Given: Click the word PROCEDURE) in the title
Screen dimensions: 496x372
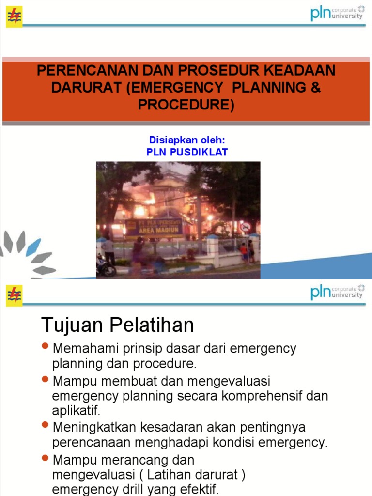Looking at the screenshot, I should coord(186,105).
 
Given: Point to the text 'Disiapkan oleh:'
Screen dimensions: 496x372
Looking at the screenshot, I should coord(187,140).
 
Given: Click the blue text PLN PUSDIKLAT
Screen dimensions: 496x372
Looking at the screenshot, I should coord(187,152).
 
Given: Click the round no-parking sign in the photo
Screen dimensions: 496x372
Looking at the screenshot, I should coord(245,227).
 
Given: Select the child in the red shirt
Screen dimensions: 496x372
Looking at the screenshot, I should coord(244,252).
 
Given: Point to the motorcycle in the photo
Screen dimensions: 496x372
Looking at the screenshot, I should coord(106,266).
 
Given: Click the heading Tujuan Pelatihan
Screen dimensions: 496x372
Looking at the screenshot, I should coord(118,325).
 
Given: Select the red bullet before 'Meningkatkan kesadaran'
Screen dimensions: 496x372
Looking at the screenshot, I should coord(46,425).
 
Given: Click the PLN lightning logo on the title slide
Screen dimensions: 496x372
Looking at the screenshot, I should coord(14,17).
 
